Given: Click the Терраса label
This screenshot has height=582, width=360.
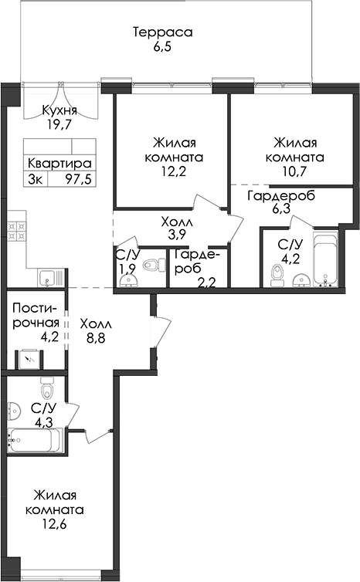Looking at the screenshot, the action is (x=163, y=32).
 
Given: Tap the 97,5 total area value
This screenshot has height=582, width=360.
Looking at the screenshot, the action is (x=78, y=179).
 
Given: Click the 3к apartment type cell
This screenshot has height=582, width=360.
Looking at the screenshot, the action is (x=36, y=179).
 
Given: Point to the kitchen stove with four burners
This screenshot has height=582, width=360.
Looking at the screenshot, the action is (x=17, y=231).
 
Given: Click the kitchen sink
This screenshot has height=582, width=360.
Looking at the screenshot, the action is (x=50, y=278).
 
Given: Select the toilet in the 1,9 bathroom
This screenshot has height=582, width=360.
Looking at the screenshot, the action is (x=155, y=265).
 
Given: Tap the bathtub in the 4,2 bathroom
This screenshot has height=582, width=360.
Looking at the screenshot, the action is (x=325, y=260).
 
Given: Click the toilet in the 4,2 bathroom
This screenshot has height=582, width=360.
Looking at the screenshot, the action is (x=277, y=276).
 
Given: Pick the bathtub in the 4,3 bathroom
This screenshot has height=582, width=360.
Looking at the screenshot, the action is (x=36, y=440).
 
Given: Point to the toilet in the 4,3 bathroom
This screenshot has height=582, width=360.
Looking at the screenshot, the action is (x=47, y=388).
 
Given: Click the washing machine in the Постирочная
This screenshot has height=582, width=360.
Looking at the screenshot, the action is (x=29, y=359).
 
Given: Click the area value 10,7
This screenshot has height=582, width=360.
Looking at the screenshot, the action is (x=294, y=171).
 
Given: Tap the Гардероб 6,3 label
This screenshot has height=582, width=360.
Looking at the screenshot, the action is (x=281, y=201).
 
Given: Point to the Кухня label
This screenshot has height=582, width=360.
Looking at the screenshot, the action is (x=59, y=110).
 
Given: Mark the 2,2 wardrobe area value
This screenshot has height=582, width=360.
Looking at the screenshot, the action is (x=206, y=284).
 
